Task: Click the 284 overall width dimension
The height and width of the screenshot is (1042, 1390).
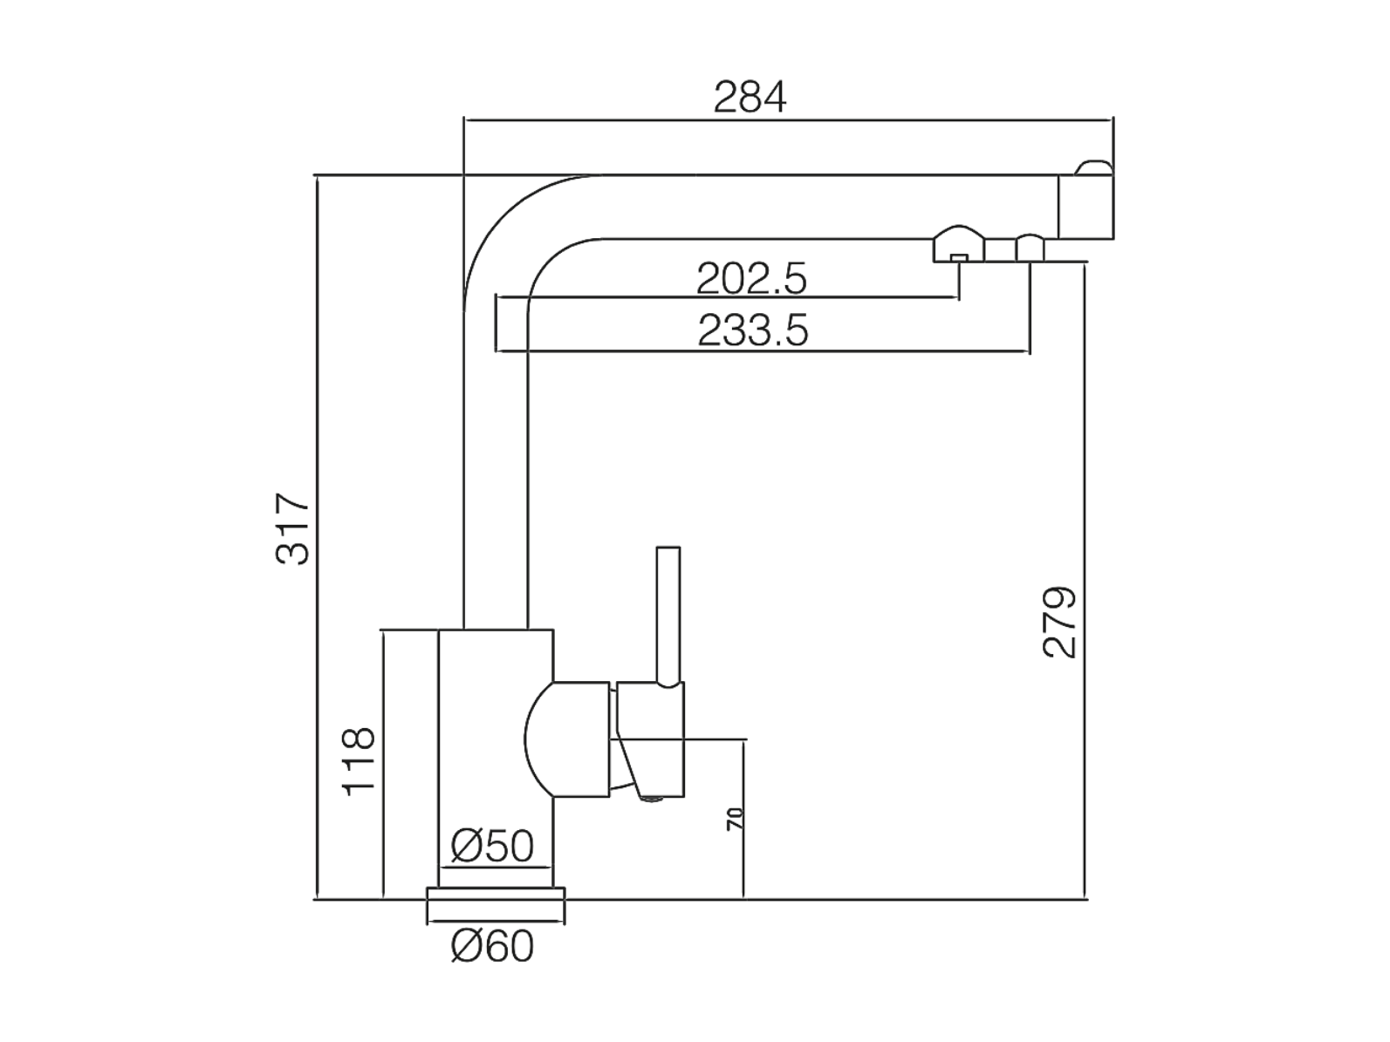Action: click(750, 98)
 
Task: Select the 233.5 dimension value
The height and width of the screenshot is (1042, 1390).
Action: click(753, 330)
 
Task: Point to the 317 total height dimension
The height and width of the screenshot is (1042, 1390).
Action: click(292, 529)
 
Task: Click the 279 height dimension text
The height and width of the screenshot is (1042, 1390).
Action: click(1058, 623)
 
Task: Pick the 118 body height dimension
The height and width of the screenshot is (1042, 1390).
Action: click(359, 760)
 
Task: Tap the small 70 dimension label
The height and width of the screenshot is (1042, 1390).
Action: click(735, 820)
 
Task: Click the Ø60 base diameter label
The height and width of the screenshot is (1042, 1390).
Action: click(493, 946)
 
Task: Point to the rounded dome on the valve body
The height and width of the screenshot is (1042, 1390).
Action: click(538, 739)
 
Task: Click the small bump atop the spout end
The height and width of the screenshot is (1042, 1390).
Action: click(1093, 167)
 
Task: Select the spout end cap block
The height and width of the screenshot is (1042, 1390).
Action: click(1085, 208)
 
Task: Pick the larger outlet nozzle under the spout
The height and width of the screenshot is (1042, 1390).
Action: click(959, 243)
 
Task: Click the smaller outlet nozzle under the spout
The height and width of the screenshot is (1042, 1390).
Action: click(1030, 248)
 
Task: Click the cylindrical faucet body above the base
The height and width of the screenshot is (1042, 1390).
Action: click(496, 758)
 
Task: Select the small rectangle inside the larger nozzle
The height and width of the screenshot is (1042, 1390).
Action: click(959, 257)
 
